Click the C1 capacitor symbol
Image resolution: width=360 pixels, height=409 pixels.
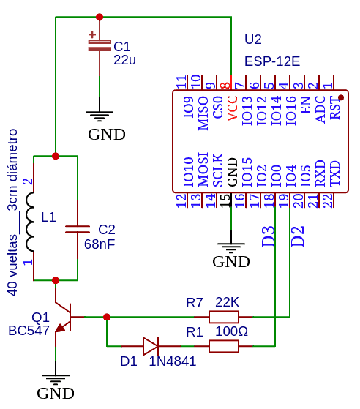click(x=100, y=45)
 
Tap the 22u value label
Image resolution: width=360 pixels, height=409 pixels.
click(x=124, y=60)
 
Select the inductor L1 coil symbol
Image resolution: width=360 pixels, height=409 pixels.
click(x=30, y=222)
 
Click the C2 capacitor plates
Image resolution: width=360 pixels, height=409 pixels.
click(x=78, y=229)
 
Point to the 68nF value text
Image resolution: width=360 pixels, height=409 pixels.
click(x=100, y=244)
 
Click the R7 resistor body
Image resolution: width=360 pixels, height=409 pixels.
click(x=224, y=317)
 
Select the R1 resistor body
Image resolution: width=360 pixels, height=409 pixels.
click(x=224, y=346)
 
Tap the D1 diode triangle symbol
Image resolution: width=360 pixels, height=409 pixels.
click(x=151, y=346)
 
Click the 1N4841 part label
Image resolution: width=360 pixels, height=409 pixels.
click(x=173, y=361)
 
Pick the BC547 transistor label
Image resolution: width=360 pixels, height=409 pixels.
click(x=29, y=331)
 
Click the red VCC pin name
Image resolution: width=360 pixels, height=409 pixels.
click(x=232, y=108)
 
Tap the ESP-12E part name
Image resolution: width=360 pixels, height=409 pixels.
click(x=272, y=61)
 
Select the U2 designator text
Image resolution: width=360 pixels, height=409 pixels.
click(x=252, y=40)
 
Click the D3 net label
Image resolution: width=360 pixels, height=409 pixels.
click(x=269, y=236)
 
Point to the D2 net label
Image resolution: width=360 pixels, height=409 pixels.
click(x=297, y=236)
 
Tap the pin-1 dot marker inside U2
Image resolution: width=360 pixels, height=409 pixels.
click(x=341, y=97)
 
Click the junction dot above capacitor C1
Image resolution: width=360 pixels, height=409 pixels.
click(x=100, y=17)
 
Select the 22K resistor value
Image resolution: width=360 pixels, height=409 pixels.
click(x=227, y=302)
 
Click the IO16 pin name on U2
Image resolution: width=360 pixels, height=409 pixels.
click(x=291, y=110)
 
